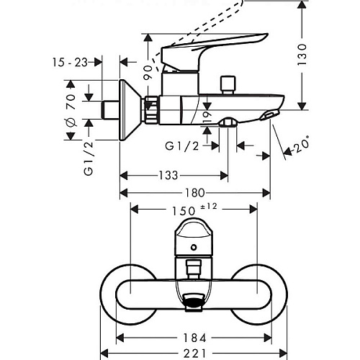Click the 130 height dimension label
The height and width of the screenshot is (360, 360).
[302, 54]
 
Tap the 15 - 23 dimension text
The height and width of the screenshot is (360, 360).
[70, 63]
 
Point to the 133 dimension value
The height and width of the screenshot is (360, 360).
[168, 176]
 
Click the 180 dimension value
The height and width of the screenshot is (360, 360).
[195, 193]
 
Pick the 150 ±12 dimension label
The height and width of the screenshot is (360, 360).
[194, 209]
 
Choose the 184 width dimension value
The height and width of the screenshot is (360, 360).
[195, 338]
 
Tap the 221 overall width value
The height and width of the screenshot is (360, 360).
[195, 354]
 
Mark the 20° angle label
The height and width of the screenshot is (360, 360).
[301, 144]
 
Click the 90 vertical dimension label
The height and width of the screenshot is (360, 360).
[148, 72]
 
